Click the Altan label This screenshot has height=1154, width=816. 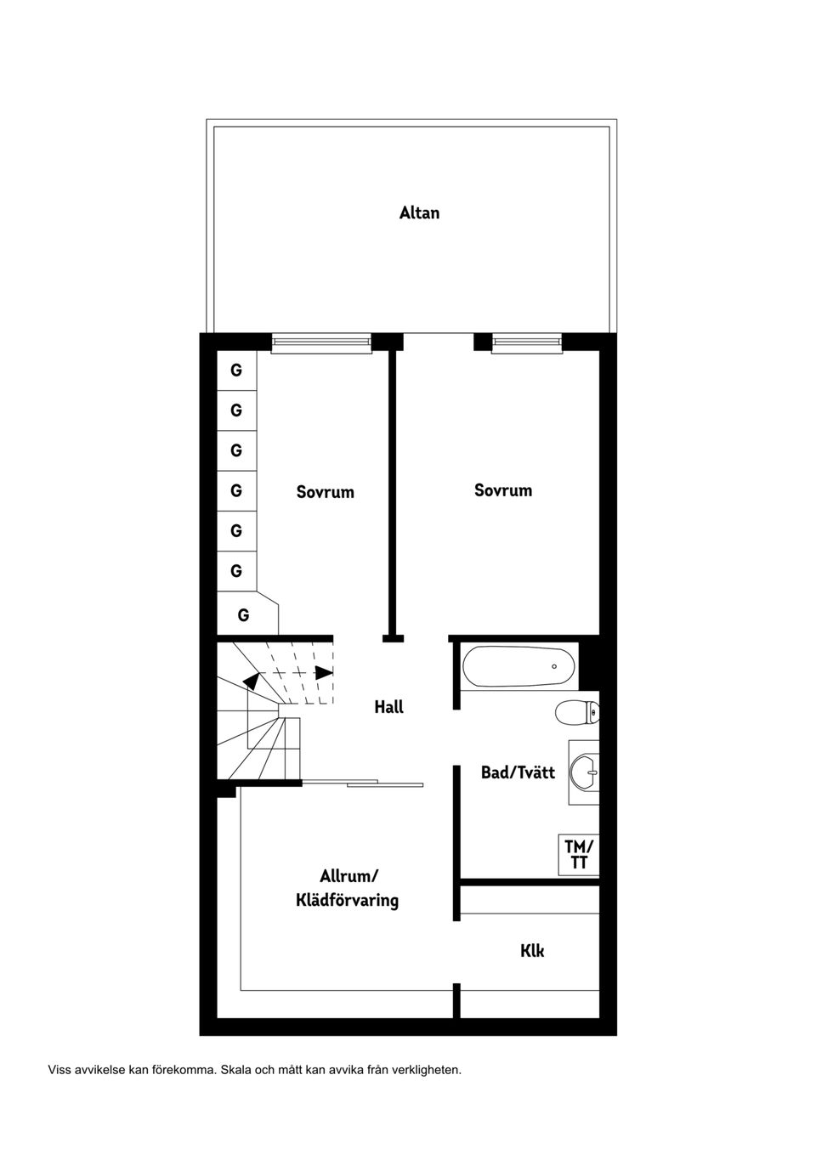[419, 212]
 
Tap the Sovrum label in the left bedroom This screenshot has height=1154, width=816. [325, 492]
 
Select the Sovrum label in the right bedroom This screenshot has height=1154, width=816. [503, 490]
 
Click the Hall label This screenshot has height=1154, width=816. [388, 706]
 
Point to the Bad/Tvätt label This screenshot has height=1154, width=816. [518, 772]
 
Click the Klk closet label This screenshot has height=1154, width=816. [532, 951]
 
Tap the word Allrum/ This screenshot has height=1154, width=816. [348, 876]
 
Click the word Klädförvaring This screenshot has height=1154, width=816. [347, 900]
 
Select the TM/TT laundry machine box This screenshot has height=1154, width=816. [579, 854]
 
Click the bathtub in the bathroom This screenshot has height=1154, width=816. [518, 667]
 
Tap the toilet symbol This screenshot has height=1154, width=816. [576, 712]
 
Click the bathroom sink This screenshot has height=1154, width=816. [585, 772]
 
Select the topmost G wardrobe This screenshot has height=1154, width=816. [236, 370]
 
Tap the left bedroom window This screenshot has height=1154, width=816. [321, 342]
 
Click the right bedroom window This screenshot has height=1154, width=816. [527, 342]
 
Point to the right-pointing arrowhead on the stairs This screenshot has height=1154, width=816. [324, 671]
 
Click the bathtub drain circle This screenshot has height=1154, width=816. [554, 666]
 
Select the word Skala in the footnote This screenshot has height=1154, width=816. [236, 1070]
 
